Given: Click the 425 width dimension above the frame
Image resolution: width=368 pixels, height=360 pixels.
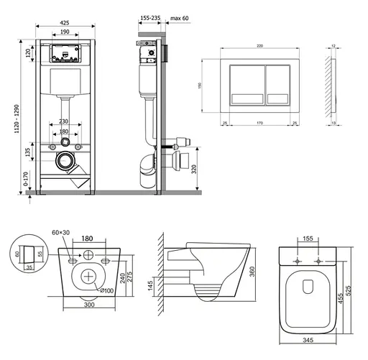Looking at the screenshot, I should [64, 23].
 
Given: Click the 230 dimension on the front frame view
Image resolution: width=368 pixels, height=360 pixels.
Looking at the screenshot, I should [64, 122].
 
